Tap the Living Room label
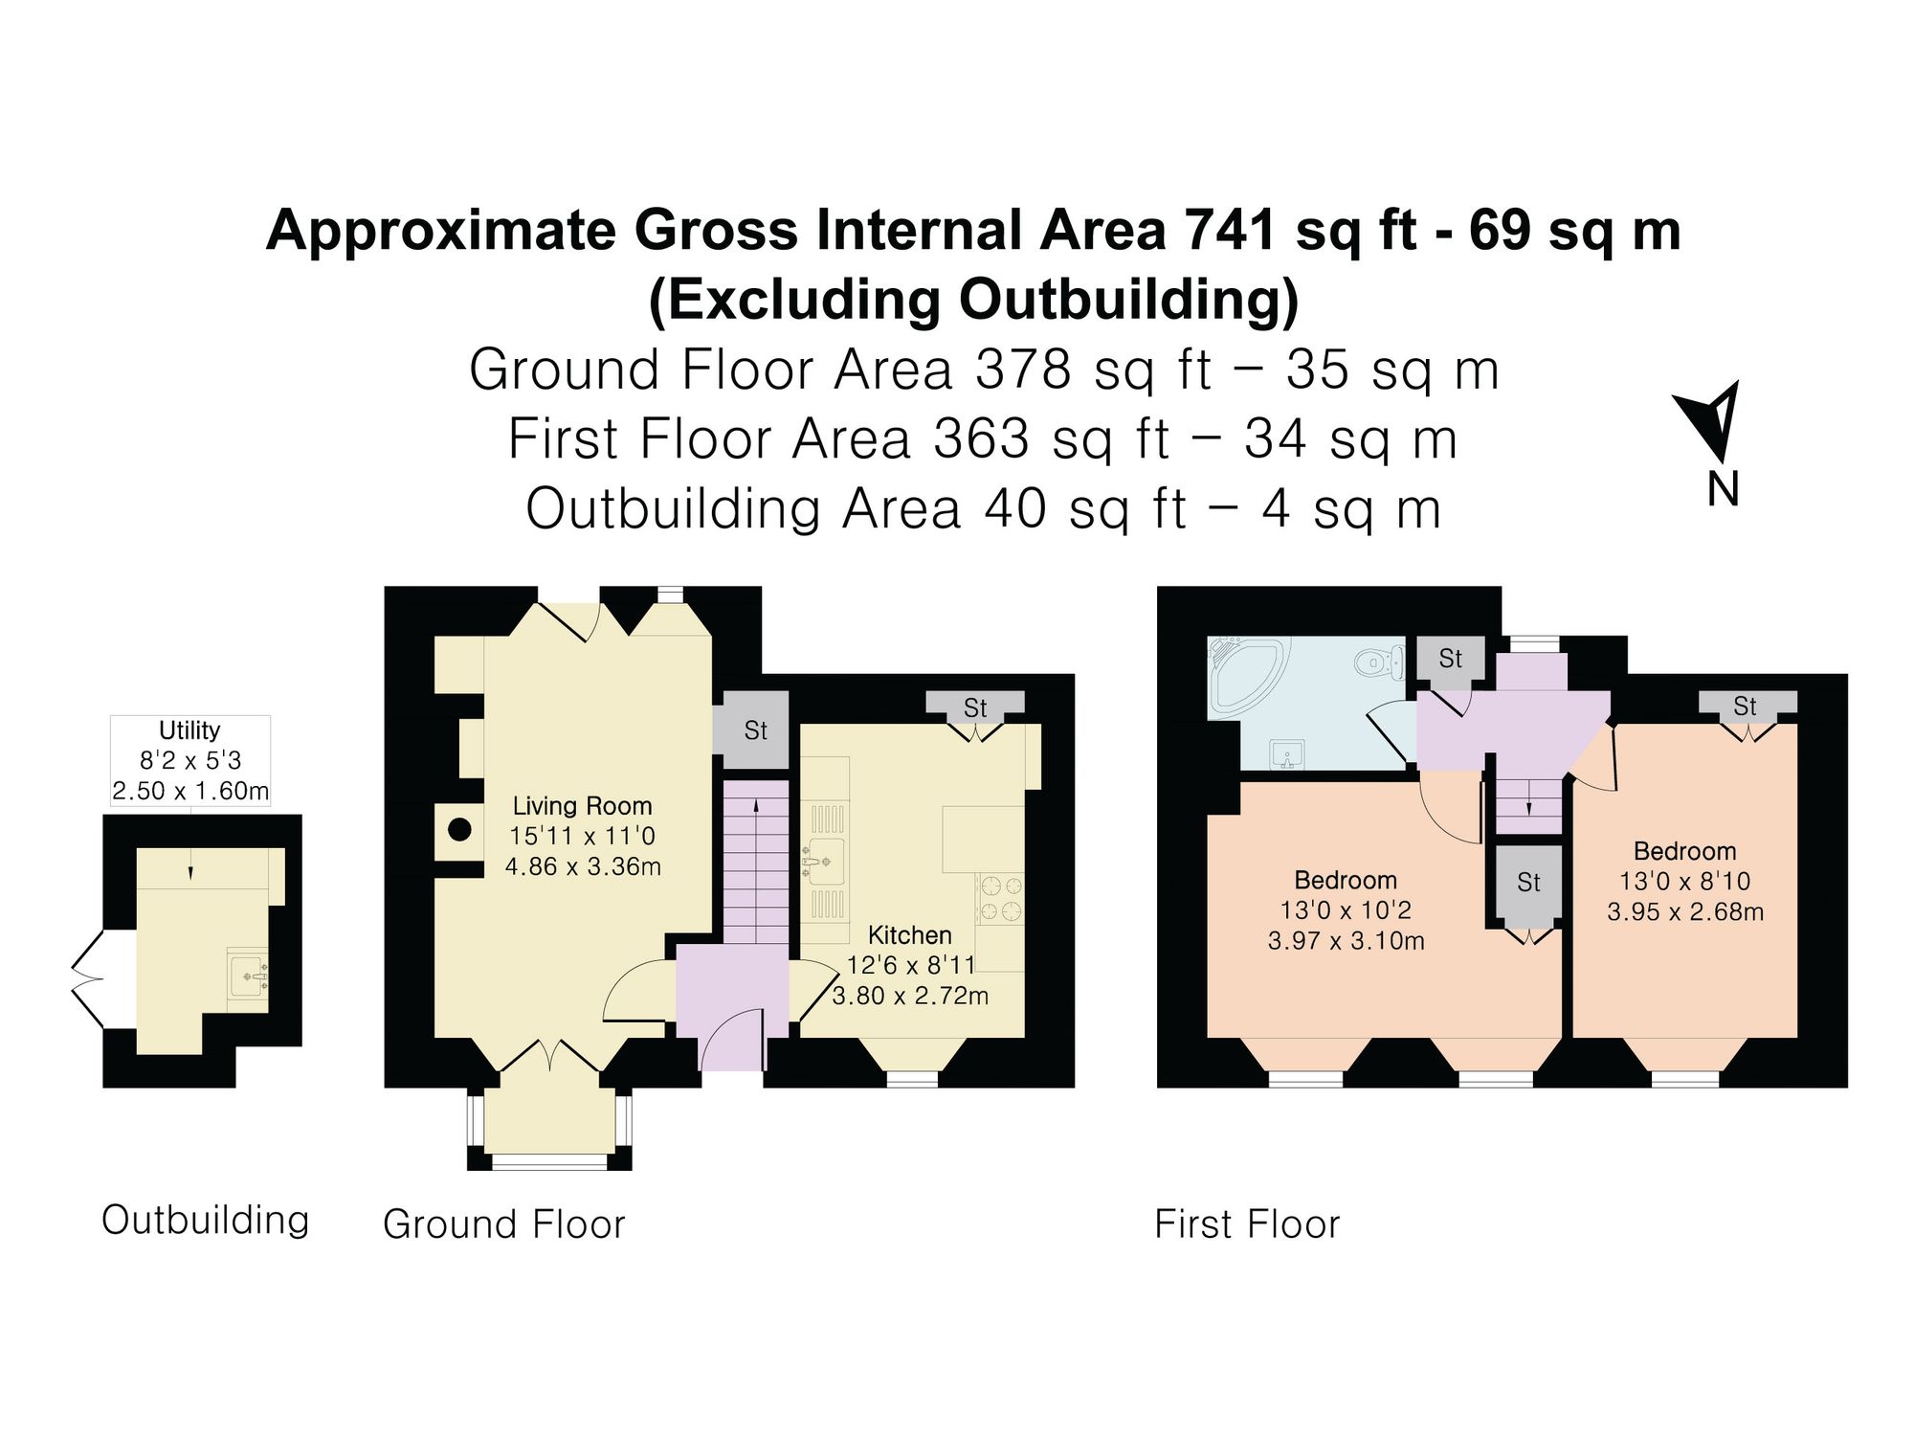point(582,806)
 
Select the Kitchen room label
point(910,935)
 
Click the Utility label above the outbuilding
point(189,730)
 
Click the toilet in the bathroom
point(1380,661)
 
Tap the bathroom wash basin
point(1287,754)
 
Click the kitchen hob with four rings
point(1001,899)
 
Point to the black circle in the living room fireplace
point(460,830)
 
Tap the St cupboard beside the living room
point(755,730)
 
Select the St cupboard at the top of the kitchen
point(975,707)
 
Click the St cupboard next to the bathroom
point(1451,659)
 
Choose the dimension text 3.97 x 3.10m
point(1346,941)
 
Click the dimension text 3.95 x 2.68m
point(1685,912)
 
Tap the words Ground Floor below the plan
point(503,1224)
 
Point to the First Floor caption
point(1247,1224)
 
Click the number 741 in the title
point(1230,231)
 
